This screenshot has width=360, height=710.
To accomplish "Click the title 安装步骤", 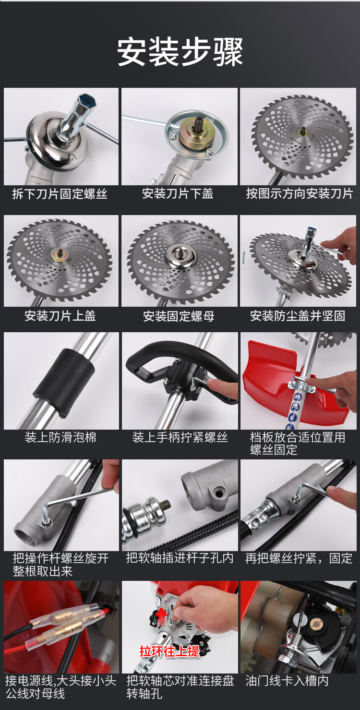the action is tap(180, 52).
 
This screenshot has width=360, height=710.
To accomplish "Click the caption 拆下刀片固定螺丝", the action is tap(60, 193).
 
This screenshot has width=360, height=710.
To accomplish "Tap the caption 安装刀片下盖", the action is tap(178, 193).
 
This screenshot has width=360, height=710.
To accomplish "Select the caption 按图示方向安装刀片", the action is tap(300, 193).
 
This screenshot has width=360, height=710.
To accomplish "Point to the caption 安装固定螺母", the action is tap(179, 316).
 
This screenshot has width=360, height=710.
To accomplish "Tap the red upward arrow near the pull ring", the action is tap(163, 616).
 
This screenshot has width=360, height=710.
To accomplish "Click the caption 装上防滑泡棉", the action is tap(60, 437).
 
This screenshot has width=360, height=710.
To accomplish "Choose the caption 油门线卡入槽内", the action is tap(287, 681).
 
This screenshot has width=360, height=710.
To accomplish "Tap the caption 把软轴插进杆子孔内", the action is tap(180, 558).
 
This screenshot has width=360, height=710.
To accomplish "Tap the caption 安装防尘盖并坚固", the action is tap(298, 316).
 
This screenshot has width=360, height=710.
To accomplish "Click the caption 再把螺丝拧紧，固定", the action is tap(299, 558).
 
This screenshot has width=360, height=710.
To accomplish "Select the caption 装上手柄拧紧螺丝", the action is tap(180, 437).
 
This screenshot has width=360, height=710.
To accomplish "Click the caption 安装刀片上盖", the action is tap(60, 316).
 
